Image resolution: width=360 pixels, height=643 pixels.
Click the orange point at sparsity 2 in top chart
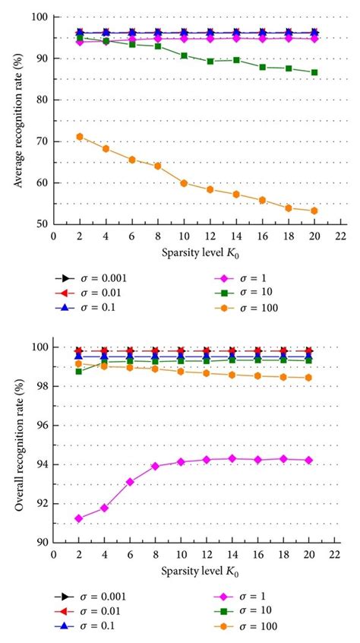click(79, 137)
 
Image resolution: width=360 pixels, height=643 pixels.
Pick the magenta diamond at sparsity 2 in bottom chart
click(79, 518)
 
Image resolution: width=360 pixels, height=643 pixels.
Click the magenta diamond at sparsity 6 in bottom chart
click(131, 481)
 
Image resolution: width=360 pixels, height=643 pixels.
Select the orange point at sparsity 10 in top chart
click(183, 183)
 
